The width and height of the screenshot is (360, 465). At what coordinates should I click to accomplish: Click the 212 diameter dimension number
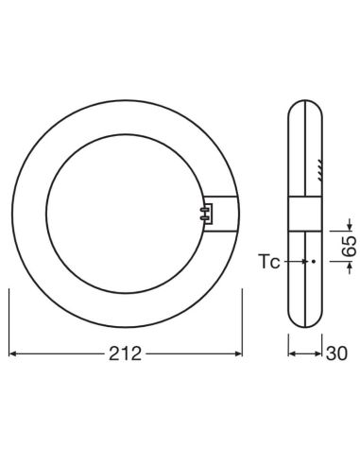[x=125, y=354]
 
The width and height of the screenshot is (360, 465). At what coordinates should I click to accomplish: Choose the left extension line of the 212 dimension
[x=9, y=321]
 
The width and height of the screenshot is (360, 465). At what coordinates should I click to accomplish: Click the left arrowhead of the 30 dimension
[x=293, y=354]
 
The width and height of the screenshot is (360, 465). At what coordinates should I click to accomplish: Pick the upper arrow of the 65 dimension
[x=348, y=223]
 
